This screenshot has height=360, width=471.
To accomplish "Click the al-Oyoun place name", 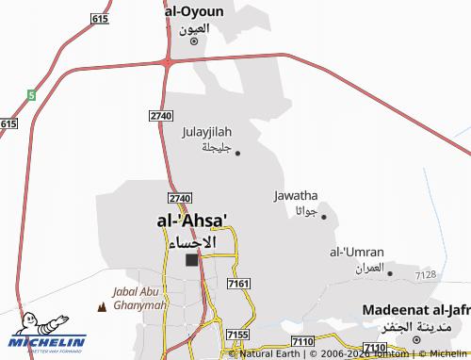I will pyautogui.click(x=194, y=11).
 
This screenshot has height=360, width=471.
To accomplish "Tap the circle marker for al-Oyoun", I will pyautogui.click(x=194, y=41).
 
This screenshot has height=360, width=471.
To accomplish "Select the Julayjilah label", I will pyautogui.click(x=206, y=132).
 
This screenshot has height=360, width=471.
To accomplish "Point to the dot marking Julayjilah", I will pyautogui.click(x=237, y=154).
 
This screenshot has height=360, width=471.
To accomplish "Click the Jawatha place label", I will pyautogui.click(x=296, y=195).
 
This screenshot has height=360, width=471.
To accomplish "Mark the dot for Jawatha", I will pyautogui.click(x=324, y=217).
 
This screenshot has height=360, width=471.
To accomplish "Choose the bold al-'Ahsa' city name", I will pyautogui.click(x=192, y=221).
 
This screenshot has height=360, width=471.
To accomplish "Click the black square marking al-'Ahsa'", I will pyautogui.click(x=192, y=260).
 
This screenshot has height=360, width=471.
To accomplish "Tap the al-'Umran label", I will pyautogui.click(x=355, y=252).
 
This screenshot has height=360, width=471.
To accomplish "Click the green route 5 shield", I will pyautogui.click(x=31, y=95).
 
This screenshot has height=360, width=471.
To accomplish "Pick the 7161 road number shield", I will pyautogui.click(x=238, y=284).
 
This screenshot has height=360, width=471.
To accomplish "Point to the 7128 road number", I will pyautogui.click(x=425, y=274).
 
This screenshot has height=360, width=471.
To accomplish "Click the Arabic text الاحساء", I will pyautogui.click(x=192, y=241).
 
